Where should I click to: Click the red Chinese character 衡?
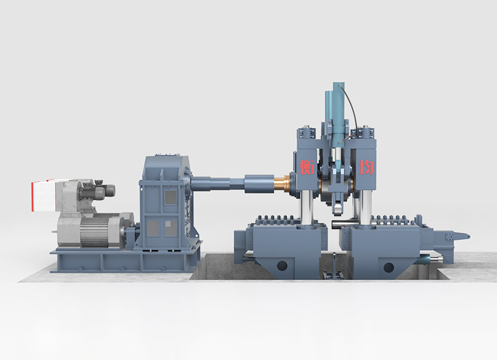click(x=307, y=167)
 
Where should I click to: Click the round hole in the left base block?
click(x=283, y=266)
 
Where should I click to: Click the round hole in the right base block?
click(x=389, y=267)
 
